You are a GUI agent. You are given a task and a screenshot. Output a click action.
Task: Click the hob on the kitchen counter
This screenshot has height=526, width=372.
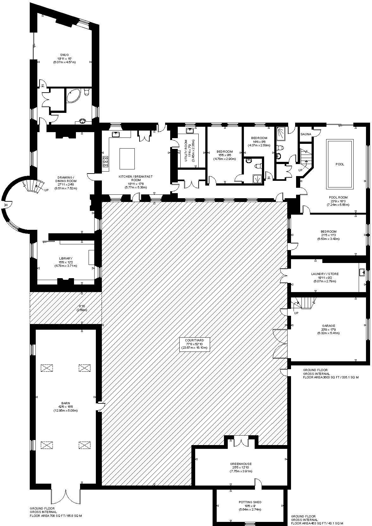point(105,162)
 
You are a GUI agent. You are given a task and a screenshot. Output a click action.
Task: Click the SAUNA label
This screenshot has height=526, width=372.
point(306,134)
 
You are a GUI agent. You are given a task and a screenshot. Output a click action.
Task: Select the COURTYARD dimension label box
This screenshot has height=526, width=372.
point(195,344)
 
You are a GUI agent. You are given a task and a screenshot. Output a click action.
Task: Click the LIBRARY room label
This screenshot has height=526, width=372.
point(65,259)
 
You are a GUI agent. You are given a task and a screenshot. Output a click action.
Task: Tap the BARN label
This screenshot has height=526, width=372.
point(65,403)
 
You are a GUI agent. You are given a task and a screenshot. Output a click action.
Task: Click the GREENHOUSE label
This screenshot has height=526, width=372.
point(241,464)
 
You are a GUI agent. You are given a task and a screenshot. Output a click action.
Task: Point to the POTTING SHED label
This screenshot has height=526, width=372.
point(250,502)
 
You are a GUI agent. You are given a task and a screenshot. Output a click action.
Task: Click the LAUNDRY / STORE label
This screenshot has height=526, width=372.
point(329,274)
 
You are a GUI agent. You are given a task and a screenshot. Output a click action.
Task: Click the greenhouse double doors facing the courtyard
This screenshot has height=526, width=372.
point(241,441)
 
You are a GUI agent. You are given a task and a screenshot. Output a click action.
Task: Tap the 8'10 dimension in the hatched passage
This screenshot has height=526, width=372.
point(82,306)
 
